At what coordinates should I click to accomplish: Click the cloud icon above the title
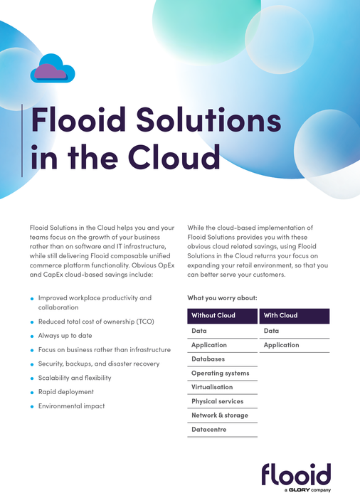pos(53,69)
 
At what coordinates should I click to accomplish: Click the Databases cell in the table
pos(208,359)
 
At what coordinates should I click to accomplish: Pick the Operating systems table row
pos(220,373)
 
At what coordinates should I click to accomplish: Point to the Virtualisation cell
pos(212,388)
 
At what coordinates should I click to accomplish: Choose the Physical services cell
pos(217,401)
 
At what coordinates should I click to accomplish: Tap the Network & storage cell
pos(219,415)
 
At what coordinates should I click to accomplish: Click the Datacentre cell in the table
pos(210,430)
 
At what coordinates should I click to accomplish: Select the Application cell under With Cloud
pos(281,345)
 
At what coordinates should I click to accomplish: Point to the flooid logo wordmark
pos(295,474)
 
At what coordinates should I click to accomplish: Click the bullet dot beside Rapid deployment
pos(31,393)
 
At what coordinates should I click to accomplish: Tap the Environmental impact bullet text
pos(71,406)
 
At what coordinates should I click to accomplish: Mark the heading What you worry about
pos(222,297)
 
